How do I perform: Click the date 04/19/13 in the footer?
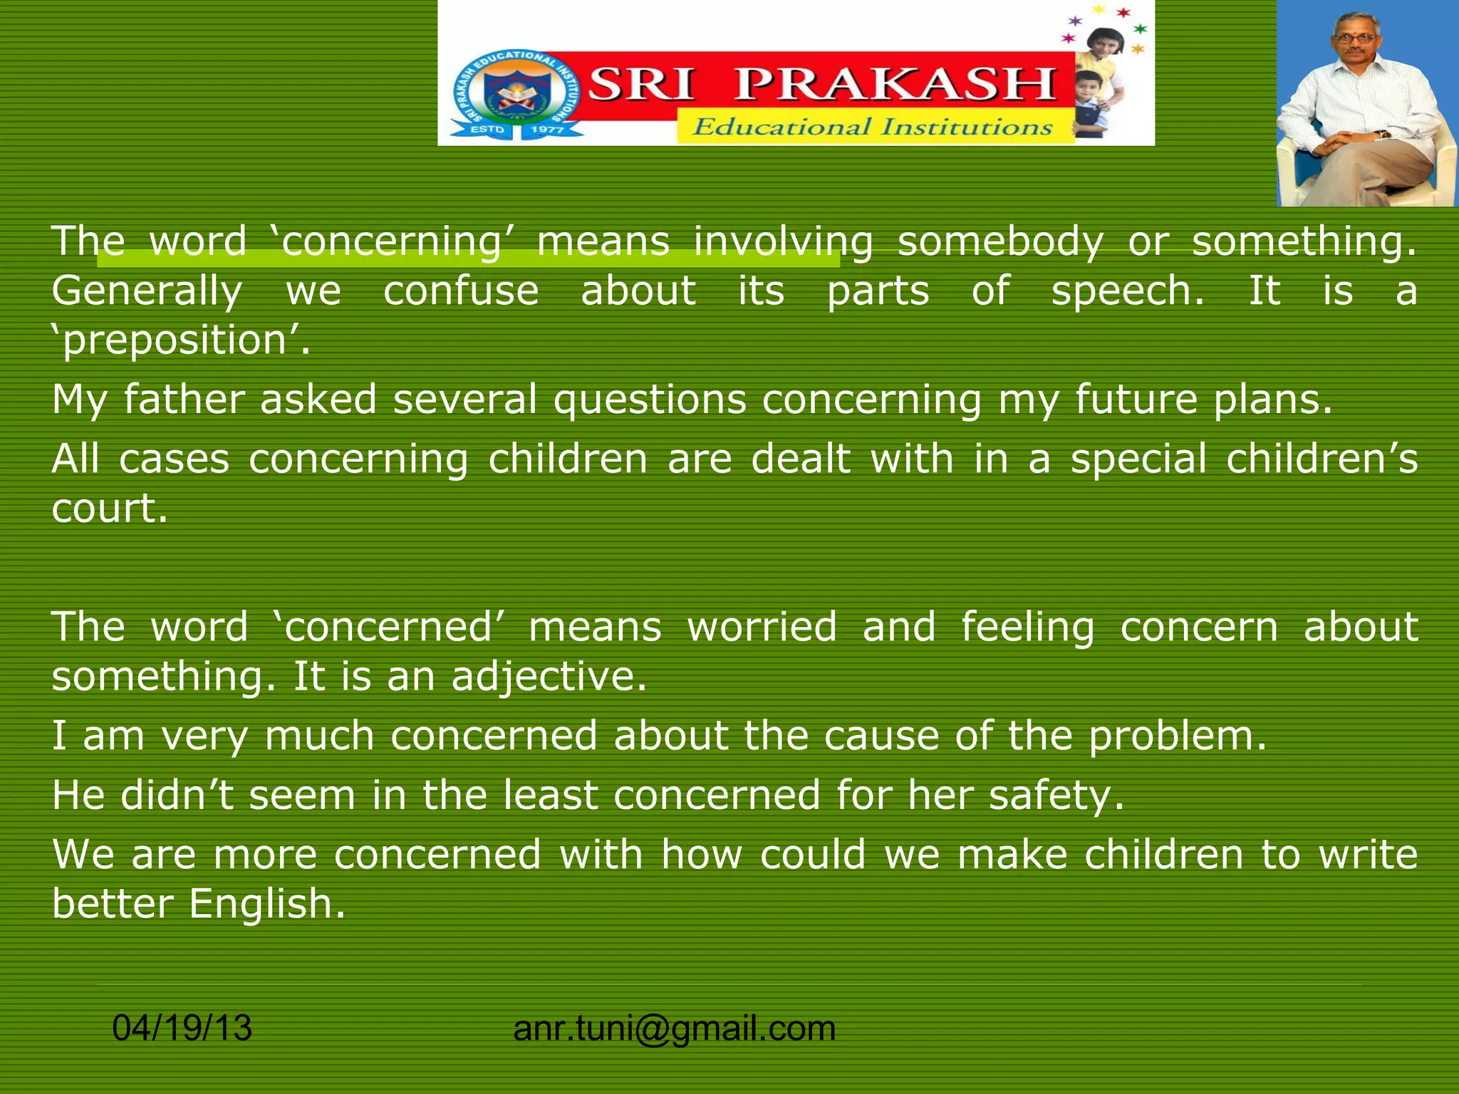[x=182, y=1028]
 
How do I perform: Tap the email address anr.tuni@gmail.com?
[x=674, y=1028]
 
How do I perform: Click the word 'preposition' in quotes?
[x=181, y=340]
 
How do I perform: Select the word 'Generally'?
[x=147, y=292]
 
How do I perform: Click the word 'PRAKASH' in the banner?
[x=895, y=84]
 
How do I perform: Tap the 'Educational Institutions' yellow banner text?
[x=872, y=127]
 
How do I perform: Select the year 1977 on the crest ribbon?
[x=547, y=130]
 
